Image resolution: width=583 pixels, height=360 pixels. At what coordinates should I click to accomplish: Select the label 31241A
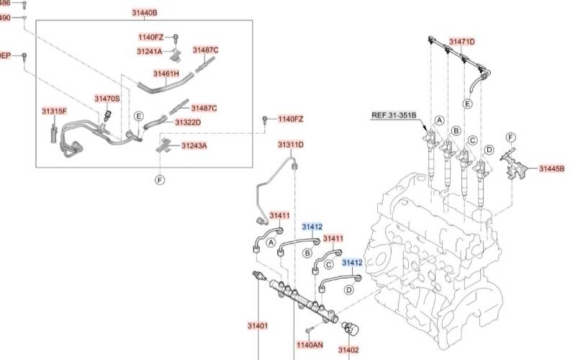[x=150, y=51]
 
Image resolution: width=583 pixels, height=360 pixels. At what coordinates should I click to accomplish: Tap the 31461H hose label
[x=166, y=73]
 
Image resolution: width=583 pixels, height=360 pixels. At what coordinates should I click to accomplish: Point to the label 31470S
[x=107, y=98]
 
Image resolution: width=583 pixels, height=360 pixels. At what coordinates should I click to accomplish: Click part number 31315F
[x=54, y=111]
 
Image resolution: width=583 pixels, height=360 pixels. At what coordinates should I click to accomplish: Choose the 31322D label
[x=188, y=122]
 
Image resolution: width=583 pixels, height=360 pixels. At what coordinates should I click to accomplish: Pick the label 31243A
[x=194, y=145]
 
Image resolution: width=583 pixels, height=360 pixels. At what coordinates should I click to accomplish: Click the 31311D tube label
[x=291, y=145]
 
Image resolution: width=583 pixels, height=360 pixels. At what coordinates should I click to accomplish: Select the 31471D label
[x=462, y=41]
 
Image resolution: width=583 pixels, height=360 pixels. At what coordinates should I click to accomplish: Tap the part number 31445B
[x=552, y=168]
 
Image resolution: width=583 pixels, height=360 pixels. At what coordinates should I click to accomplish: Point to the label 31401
[x=258, y=326]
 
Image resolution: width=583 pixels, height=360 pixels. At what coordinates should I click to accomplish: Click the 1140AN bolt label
[x=309, y=345]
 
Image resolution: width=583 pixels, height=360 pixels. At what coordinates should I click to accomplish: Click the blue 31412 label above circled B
[x=312, y=227]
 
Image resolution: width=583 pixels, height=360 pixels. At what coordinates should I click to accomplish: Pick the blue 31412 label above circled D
[x=352, y=263]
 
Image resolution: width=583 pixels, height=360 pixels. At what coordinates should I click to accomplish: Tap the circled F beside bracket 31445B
[x=510, y=137]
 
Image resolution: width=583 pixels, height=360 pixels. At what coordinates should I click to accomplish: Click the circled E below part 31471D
[x=467, y=104]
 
